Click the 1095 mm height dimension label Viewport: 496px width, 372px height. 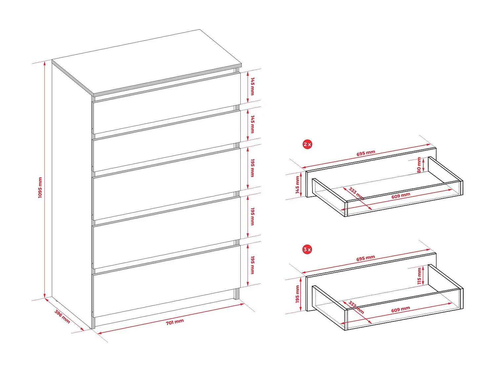pyautogui.click(x=40, y=187)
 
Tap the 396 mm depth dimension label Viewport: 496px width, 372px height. pyautogui.click(x=62, y=316)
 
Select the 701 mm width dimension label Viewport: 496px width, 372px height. pyautogui.click(x=175, y=322)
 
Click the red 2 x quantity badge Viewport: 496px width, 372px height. pyautogui.click(x=307, y=144)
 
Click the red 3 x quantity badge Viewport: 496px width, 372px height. pyautogui.click(x=307, y=249)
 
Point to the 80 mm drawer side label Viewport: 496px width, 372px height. pyautogui.click(x=419, y=165)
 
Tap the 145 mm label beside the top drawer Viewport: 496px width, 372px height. pyautogui.click(x=253, y=86)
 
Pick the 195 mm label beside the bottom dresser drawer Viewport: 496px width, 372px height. pyautogui.click(x=253, y=265)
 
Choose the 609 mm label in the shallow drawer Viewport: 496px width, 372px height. pyautogui.click(x=401, y=196)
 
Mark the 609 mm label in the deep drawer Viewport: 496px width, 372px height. pyautogui.click(x=400, y=310)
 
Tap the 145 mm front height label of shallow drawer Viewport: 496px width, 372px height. pyautogui.click(x=297, y=185)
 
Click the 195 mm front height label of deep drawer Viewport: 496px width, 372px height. pyautogui.click(x=297, y=294)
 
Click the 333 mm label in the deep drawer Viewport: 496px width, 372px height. pyautogui.click(x=356, y=308)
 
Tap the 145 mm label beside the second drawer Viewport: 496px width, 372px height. pyautogui.click(x=253, y=124)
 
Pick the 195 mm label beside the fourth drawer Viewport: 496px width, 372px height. pyautogui.click(x=253, y=216)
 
